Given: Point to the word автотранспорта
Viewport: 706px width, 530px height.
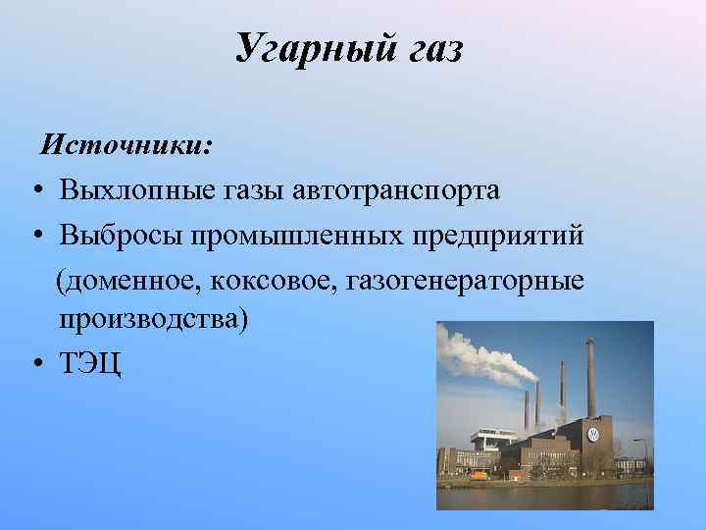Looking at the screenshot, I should [395, 189].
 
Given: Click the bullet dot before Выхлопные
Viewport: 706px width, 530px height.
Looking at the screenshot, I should [35, 190].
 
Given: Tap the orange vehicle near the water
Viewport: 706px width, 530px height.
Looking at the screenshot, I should [479, 475].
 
